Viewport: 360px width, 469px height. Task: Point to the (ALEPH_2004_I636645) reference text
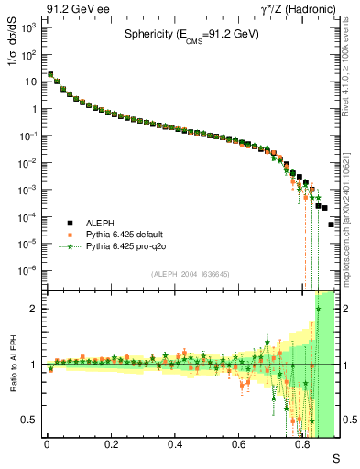click(190, 272)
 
